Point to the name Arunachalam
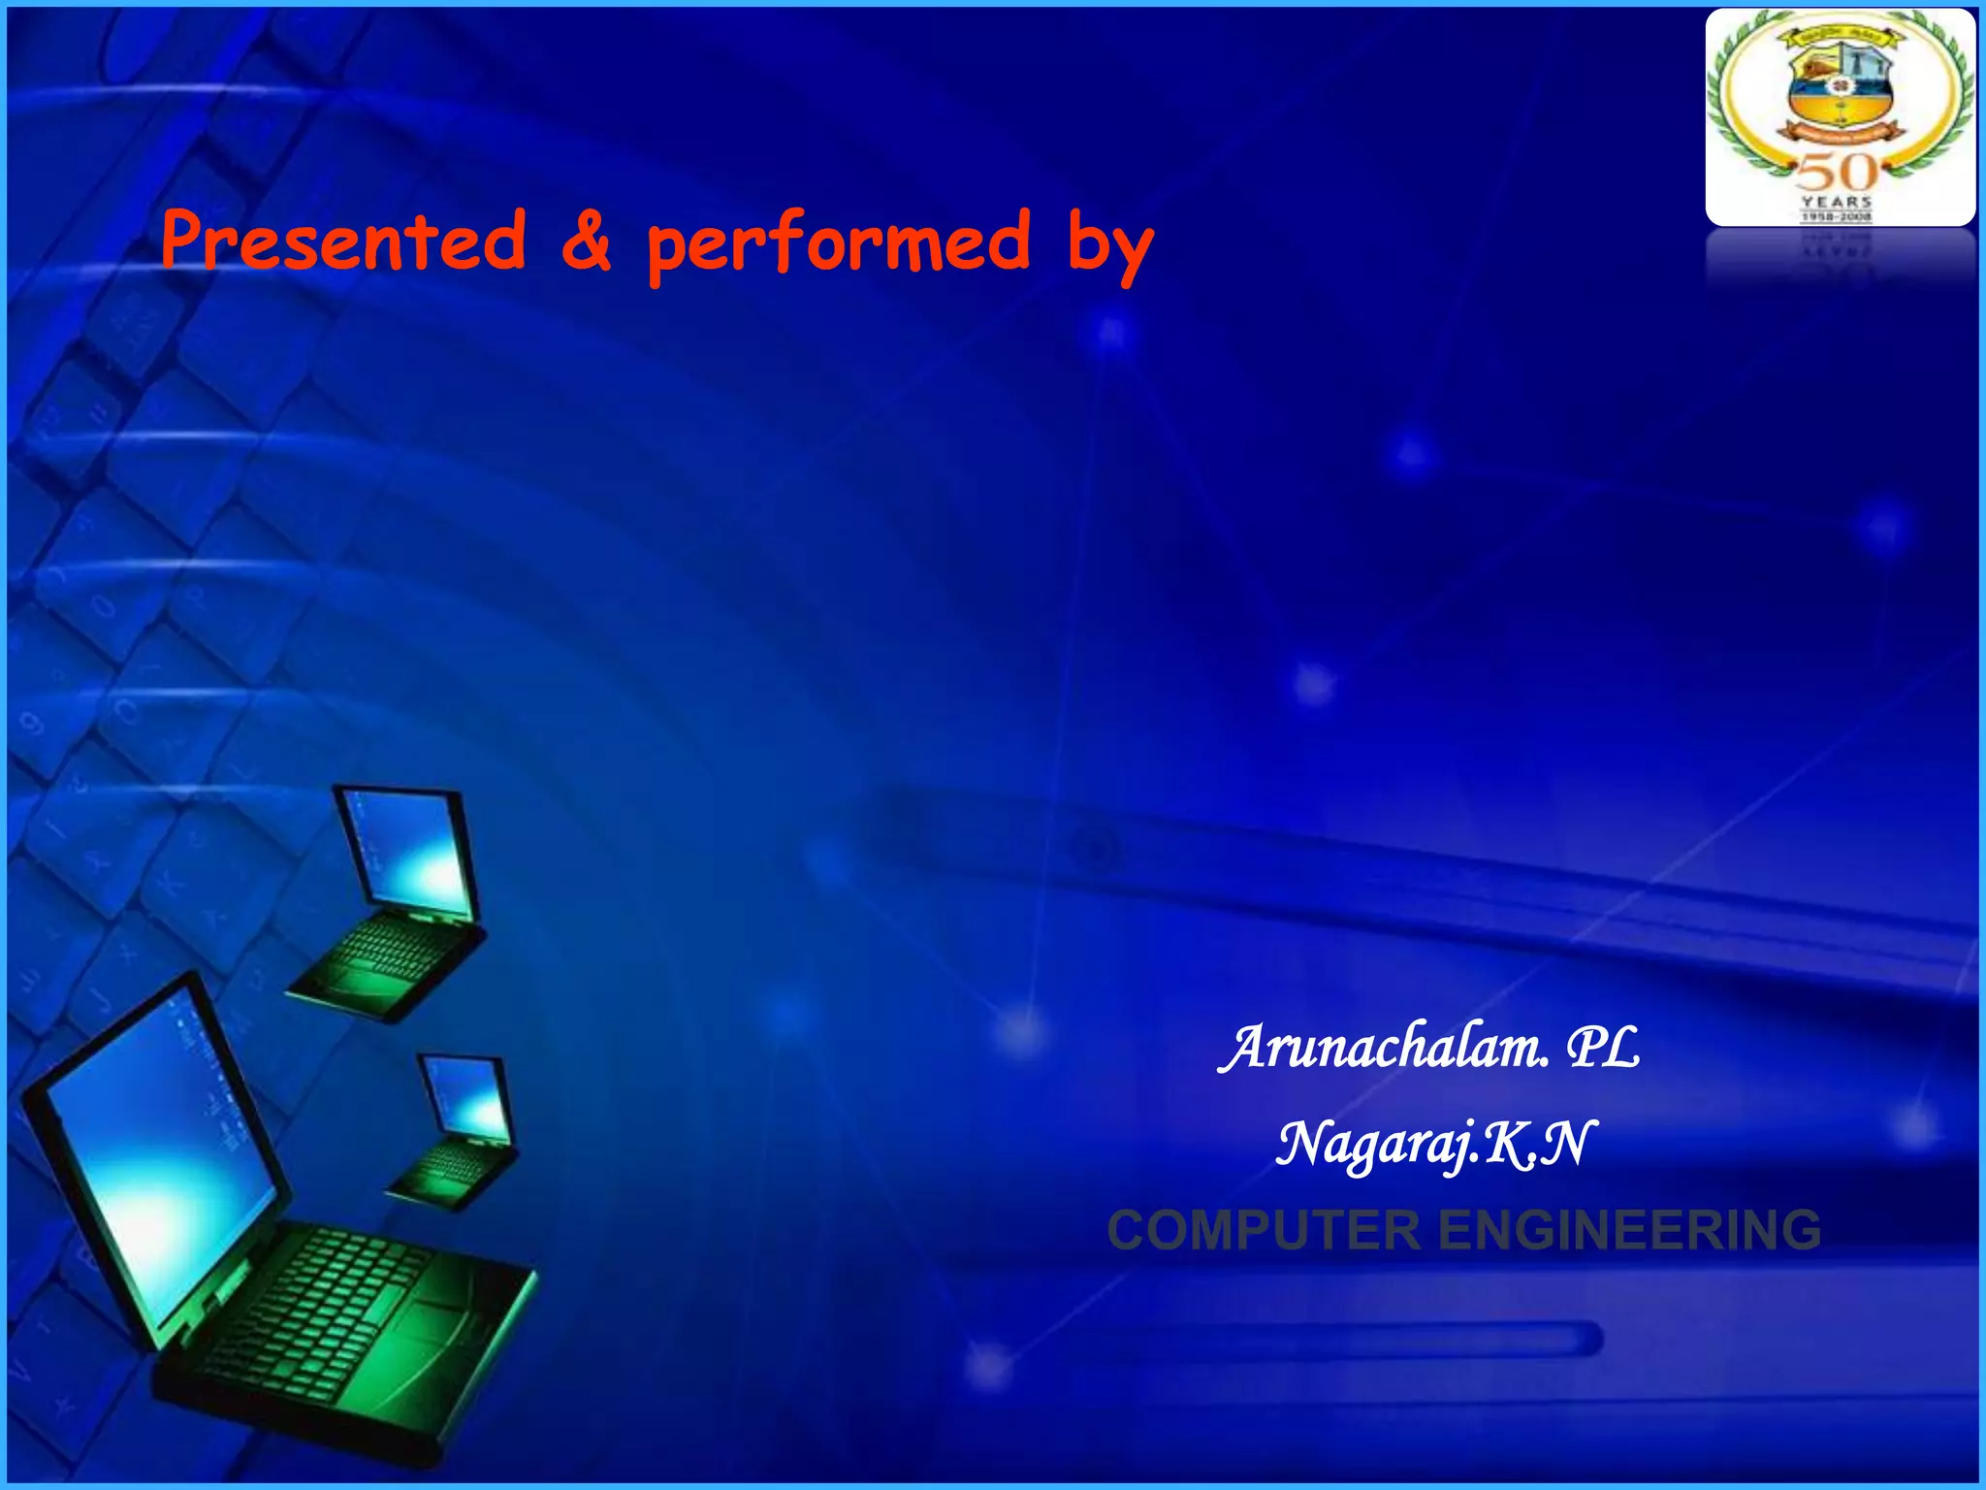pyautogui.click(x=1384, y=1049)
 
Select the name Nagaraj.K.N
pyautogui.click(x=1433, y=1145)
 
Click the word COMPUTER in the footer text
pyautogui.click(x=1263, y=1231)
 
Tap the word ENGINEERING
pyautogui.click(x=1629, y=1231)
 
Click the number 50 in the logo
pyautogui.click(x=1837, y=174)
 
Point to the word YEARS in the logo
pyautogui.click(x=1837, y=202)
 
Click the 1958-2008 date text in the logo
pyautogui.click(x=1837, y=217)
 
